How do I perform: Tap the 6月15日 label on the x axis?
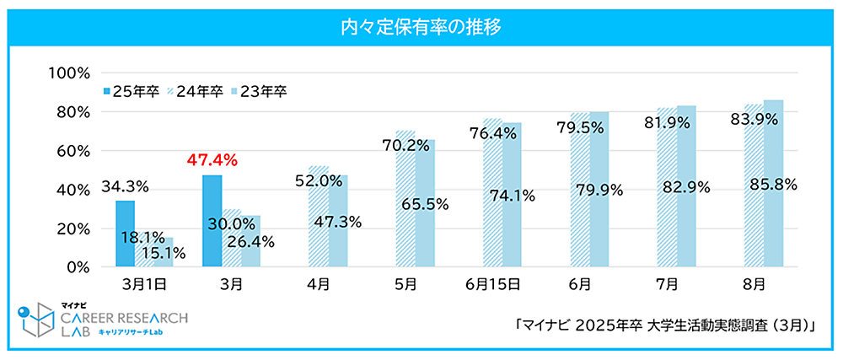tap(493, 285)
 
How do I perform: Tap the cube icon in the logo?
tap(35, 320)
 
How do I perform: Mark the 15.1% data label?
tap(164, 252)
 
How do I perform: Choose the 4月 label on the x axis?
tap(319, 285)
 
